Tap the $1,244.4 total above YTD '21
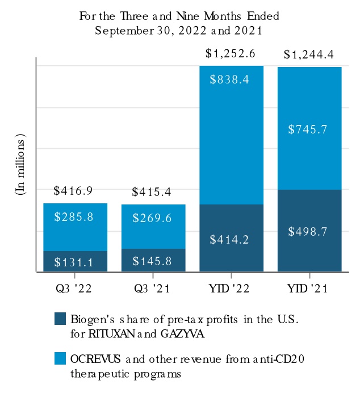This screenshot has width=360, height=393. tap(309, 56)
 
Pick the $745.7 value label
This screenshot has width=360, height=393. tap(309, 129)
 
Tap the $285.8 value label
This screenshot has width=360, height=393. tap(75, 217)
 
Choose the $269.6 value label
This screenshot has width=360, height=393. tap(153, 218)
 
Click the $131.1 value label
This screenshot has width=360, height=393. tap(75, 262)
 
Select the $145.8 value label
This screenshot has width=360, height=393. tap(153, 261)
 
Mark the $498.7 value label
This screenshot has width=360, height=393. tap(309, 231)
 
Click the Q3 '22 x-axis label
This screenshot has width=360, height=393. tap(75, 289)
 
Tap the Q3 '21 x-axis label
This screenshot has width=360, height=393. tap(153, 289)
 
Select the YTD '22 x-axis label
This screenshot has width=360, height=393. tap(231, 289)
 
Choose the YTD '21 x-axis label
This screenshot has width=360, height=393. tap(309, 289)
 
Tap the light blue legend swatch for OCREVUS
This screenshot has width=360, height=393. tap(60, 358)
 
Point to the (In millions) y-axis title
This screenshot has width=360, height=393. tap(20, 165)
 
